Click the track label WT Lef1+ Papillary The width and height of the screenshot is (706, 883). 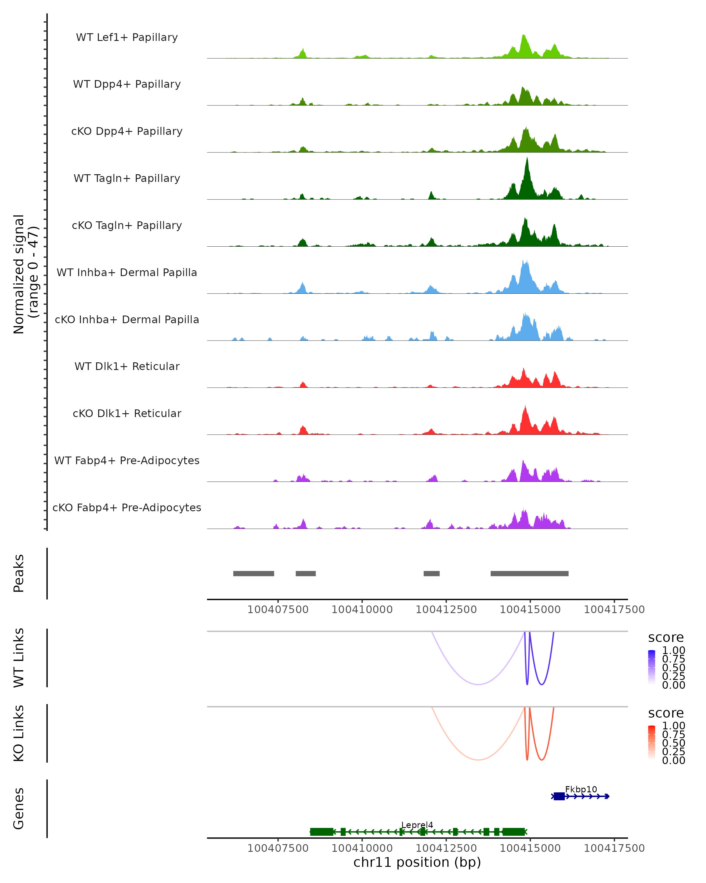[x=127, y=37]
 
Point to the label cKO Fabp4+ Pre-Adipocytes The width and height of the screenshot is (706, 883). [x=127, y=507]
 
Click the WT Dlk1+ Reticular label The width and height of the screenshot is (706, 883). [x=127, y=366]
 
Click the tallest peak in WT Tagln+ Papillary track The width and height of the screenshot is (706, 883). [x=527, y=159]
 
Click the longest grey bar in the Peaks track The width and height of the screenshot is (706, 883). [x=529, y=573]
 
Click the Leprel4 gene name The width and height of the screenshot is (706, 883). [x=417, y=825]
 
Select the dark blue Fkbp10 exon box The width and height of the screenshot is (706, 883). [x=559, y=796]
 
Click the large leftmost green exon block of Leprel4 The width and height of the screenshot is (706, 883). [x=322, y=832]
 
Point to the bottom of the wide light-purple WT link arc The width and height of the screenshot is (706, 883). [x=478, y=684]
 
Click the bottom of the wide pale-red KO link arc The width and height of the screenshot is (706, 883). [x=478, y=760]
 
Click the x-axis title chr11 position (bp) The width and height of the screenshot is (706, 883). [x=417, y=862]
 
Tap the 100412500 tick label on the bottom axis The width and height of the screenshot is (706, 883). [x=446, y=848]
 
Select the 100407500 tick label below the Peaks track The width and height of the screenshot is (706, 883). [x=278, y=610]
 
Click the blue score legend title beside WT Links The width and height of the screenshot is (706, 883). [x=666, y=638]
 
